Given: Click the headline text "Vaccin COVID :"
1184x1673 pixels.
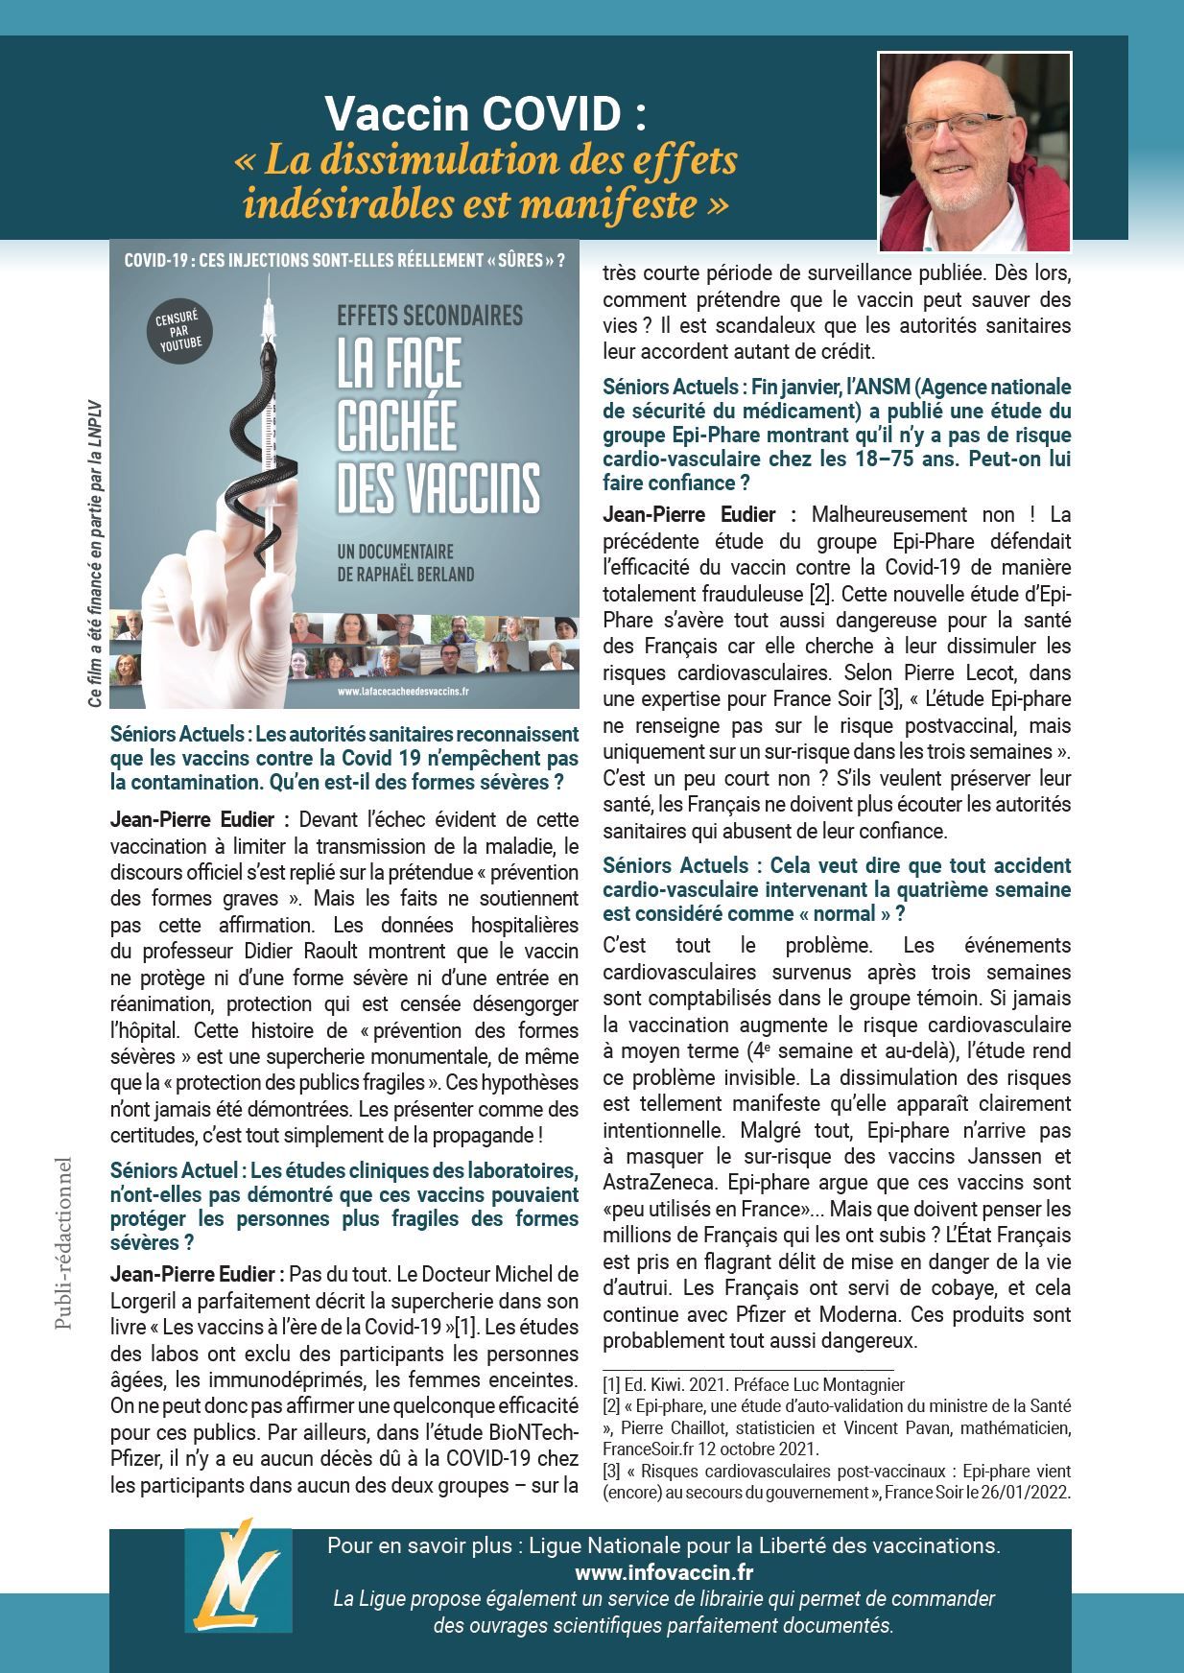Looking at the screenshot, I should pyautogui.click(x=485, y=116).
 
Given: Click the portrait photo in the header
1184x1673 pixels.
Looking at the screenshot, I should pyautogui.click(x=974, y=152).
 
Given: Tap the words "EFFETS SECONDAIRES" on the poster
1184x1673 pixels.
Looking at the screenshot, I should pyautogui.click(x=430, y=315).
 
